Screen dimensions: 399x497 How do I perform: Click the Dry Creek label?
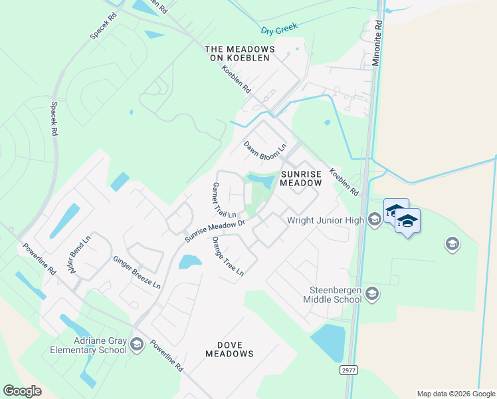[x=278, y=31]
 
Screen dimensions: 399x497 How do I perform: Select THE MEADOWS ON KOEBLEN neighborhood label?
[x=240, y=53]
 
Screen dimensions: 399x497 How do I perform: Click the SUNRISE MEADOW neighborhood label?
[x=301, y=178]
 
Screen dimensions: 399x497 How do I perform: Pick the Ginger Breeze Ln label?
[x=137, y=273]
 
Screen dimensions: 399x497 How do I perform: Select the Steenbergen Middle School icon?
[x=372, y=293]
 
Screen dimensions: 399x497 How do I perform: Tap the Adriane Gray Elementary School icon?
[x=137, y=344]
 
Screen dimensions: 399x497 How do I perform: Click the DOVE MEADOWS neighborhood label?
[x=226, y=349]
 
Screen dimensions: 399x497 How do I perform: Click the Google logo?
[x=22, y=391]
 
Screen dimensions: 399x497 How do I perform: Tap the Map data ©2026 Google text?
[x=456, y=394]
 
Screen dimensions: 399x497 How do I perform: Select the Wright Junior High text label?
[x=326, y=220]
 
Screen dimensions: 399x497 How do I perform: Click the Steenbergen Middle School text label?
[x=336, y=295]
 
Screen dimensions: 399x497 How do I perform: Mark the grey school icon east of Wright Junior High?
[x=452, y=244]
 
